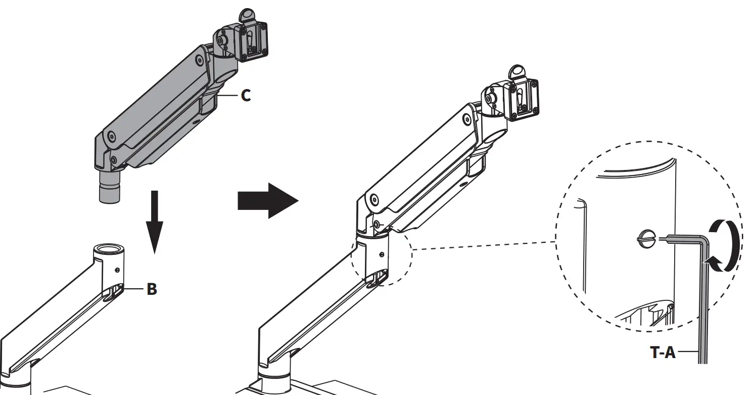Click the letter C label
coord(246,95)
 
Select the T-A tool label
coord(662,352)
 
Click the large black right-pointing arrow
coord(268,201)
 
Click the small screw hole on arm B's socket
coord(117,270)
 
